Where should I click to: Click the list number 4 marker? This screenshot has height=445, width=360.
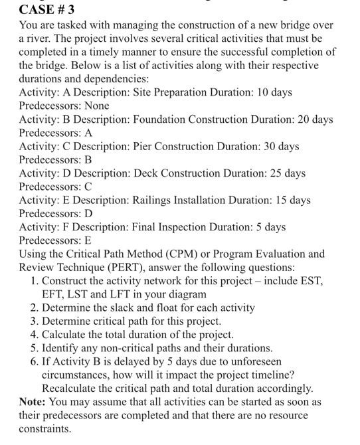click(35, 335)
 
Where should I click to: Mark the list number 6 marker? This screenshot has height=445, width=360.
click(35, 361)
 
